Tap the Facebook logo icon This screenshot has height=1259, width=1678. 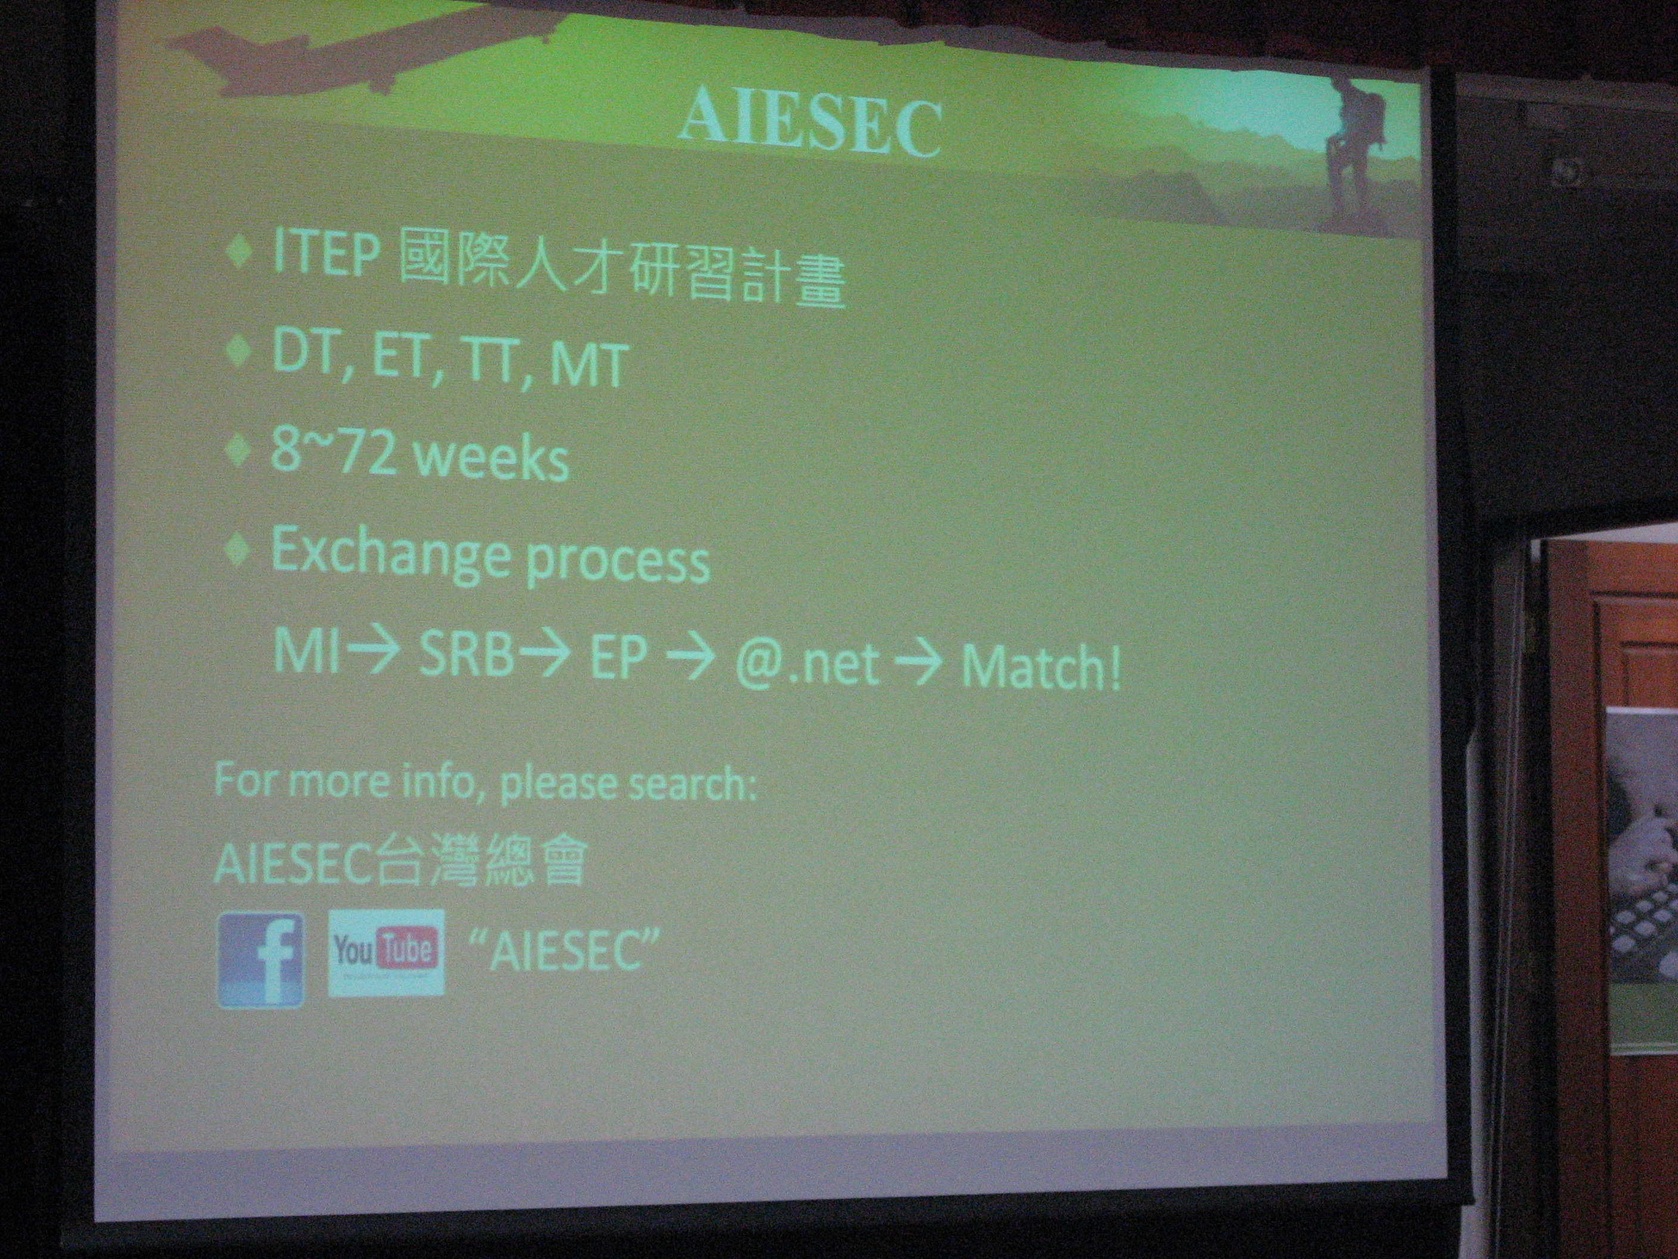coord(261,960)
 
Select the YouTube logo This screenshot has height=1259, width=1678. coord(386,951)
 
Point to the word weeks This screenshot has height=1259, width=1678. coord(493,459)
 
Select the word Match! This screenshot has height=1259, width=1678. coord(1041,667)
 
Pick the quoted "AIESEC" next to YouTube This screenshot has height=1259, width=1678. coord(564,951)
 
